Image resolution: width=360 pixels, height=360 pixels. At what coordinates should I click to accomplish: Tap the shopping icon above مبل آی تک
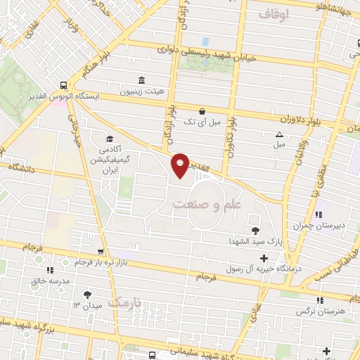click(x=202, y=111)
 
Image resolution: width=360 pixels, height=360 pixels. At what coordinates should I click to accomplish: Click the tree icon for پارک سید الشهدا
click(x=255, y=230)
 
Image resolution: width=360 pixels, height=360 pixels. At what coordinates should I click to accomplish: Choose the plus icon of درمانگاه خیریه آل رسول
click(x=264, y=258)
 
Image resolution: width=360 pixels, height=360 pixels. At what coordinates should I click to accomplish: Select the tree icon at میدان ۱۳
click(x=87, y=295)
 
